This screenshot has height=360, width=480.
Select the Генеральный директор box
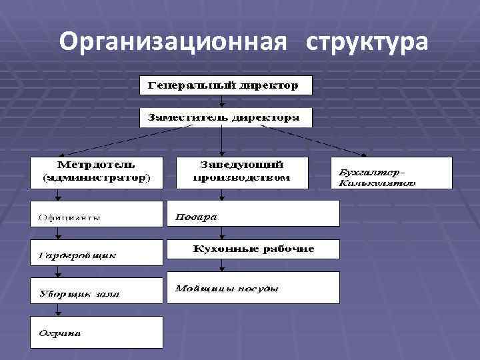tap(226, 85)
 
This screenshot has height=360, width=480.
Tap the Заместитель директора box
tap(226, 117)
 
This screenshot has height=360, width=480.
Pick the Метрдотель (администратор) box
tap(96, 172)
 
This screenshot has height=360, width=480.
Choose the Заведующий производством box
tap(242, 172)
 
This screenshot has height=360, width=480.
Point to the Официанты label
tap(69, 217)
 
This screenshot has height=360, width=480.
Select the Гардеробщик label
tap(77, 255)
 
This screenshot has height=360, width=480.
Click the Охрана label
tap(61, 333)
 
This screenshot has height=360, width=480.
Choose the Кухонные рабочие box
tap(253, 249)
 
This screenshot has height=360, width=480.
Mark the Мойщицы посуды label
tap(227, 289)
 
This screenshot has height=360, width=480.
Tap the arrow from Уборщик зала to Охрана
tap(59, 310)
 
